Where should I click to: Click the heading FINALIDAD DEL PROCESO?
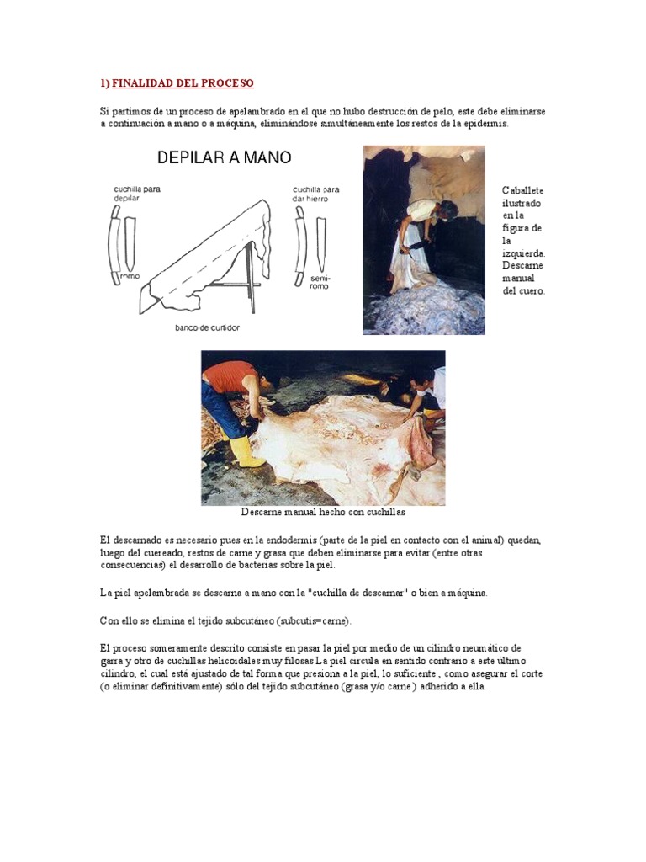pyautogui.click(x=183, y=83)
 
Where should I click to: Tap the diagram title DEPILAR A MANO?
pyautogui.click(x=224, y=157)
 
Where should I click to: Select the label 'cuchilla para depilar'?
pyautogui.click(x=136, y=194)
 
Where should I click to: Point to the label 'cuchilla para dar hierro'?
pyautogui.click(x=316, y=194)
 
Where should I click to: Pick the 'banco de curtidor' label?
pyautogui.click(x=207, y=327)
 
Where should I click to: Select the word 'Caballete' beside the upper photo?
pyautogui.click(x=523, y=191)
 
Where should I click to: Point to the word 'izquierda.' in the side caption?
pyautogui.click(x=524, y=253)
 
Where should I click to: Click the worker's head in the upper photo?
pyautogui.click(x=448, y=208)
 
